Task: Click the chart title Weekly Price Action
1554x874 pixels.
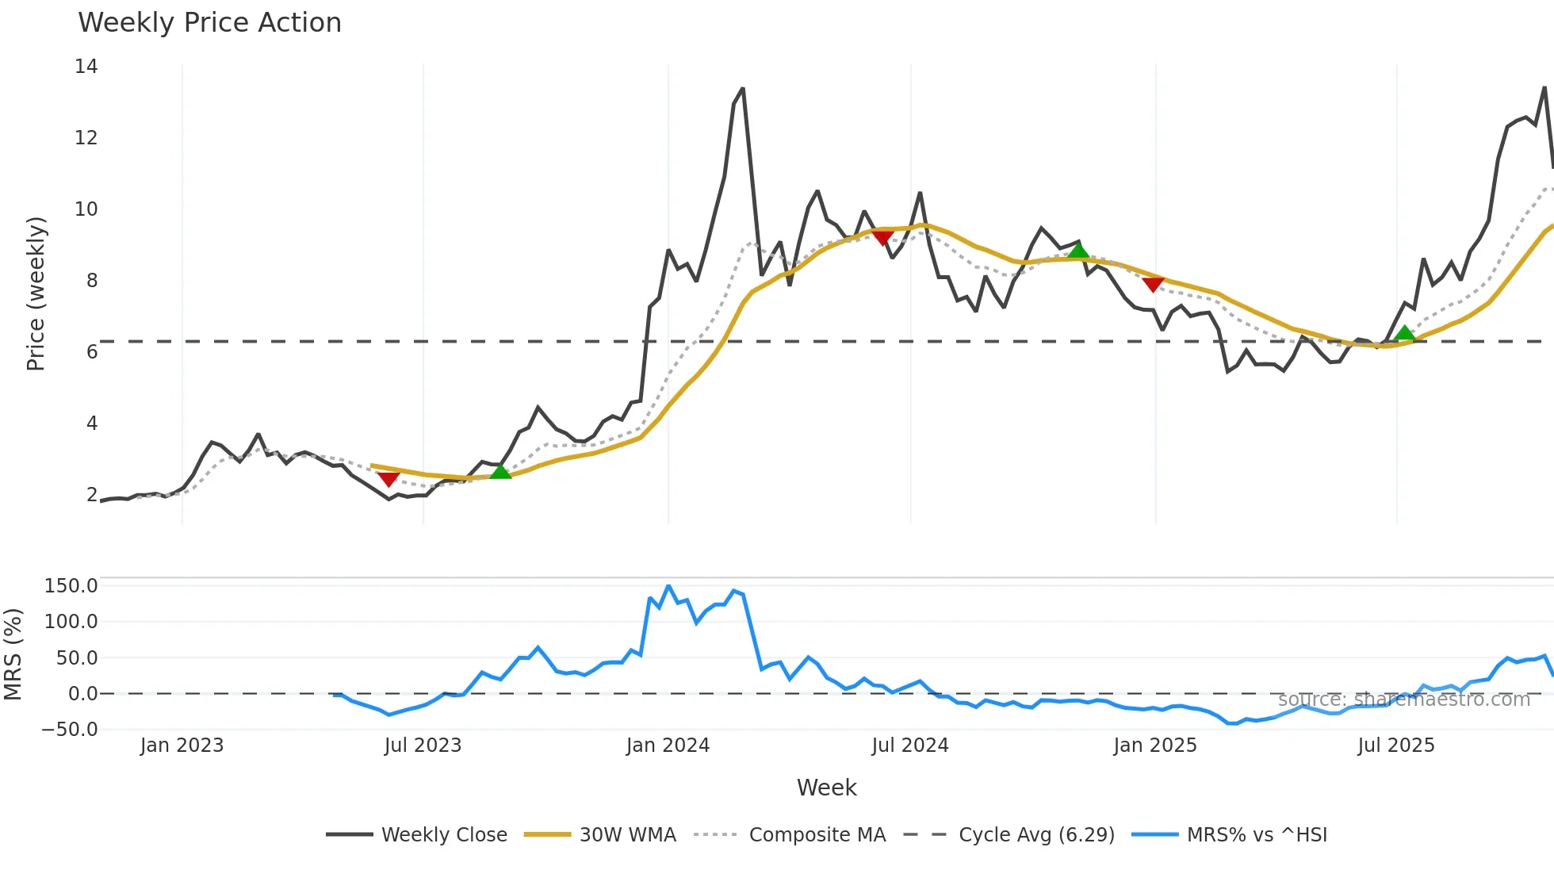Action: (209, 23)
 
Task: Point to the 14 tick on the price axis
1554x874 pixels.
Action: (86, 67)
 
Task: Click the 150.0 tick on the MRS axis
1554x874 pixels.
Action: (71, 586)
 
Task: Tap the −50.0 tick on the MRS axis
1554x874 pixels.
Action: (70, 730)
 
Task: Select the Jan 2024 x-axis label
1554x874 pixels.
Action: (668, 746)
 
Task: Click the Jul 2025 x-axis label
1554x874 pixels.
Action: (1396, 746)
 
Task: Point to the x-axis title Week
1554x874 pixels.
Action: (826, 788)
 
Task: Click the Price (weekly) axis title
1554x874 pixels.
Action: (36, 293)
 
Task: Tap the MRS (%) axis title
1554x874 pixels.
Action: (13, 654)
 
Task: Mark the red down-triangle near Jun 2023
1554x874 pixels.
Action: (388, 478)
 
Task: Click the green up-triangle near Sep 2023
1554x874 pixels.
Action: (500, 472)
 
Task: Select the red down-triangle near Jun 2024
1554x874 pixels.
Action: (882, 237)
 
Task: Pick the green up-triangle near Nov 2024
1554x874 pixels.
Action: (1077, 251)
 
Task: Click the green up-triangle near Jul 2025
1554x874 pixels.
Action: (1404, 333)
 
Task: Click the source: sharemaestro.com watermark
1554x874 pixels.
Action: (1403, 700)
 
